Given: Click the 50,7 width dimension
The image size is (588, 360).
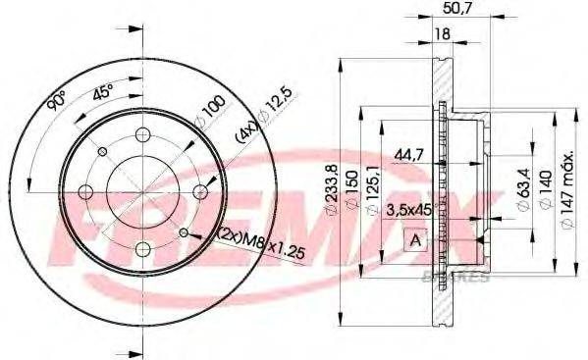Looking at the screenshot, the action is [x=456, y=8].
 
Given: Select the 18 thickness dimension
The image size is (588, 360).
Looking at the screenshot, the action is [x=442, y=34].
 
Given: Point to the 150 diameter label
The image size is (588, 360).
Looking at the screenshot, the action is [x=352, y=190].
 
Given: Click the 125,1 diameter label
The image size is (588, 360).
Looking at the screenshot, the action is [x=373, y=191].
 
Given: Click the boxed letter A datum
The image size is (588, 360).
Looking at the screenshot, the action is [x=415, y=239].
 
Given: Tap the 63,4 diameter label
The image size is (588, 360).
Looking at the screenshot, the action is [x=523, y=189].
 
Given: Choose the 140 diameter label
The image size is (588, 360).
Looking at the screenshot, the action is [x=546, y=189].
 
